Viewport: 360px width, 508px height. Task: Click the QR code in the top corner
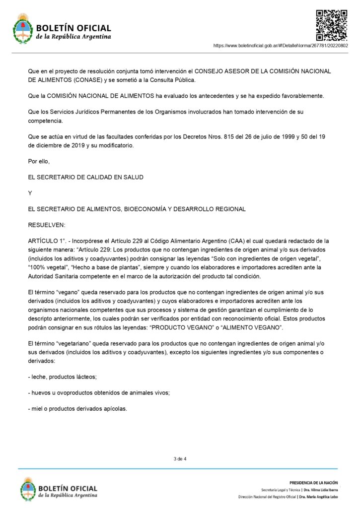tap(332, 25)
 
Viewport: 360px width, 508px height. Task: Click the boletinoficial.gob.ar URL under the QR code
tap(280, 45)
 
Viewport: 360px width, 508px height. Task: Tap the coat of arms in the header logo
tap(22, 29)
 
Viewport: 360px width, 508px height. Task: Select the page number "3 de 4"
tap(180, 459)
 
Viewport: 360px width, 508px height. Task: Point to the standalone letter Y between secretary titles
tap(30, 193)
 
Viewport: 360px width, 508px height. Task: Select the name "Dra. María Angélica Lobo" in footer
tap(313, 496)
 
